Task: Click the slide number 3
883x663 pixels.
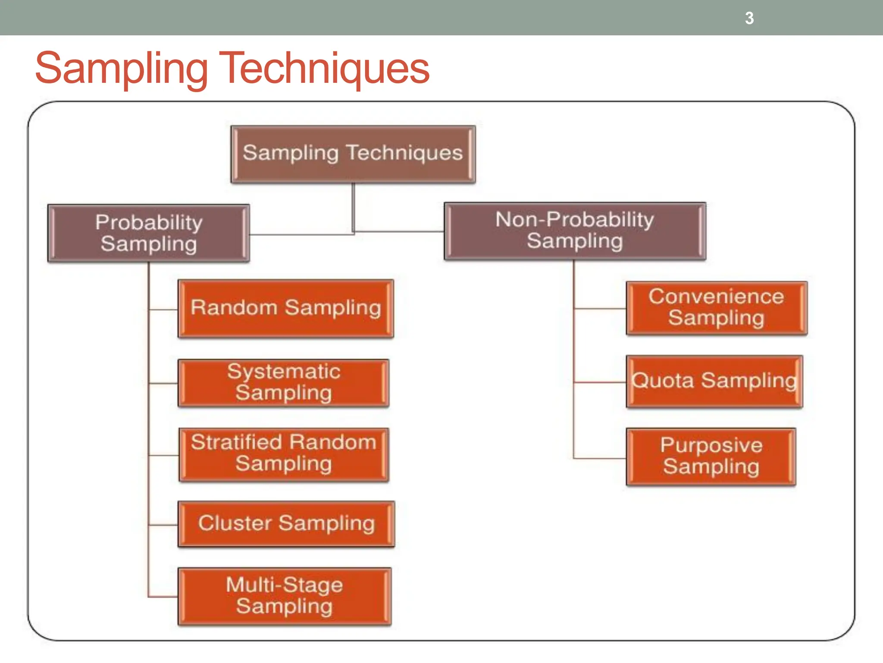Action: tap(749, 18)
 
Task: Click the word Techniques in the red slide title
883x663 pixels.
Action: tap(324, 68)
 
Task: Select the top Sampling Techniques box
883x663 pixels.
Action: tap(353, 154)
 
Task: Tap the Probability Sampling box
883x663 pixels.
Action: tap(149, 233)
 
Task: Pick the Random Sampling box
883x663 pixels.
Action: tap(286, 308)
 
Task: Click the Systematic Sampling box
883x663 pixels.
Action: tap(284, 383)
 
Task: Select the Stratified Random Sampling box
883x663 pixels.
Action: tap(284, 454)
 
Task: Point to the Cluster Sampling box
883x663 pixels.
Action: tap(286, 524)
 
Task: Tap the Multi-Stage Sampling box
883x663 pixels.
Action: tap(285, 596)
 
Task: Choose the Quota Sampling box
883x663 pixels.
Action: tap(714, 382)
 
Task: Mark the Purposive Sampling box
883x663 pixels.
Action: tap(711, 457)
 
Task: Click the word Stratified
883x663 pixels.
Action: tap(236, 442)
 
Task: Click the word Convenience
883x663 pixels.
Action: tap(716, 297)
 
